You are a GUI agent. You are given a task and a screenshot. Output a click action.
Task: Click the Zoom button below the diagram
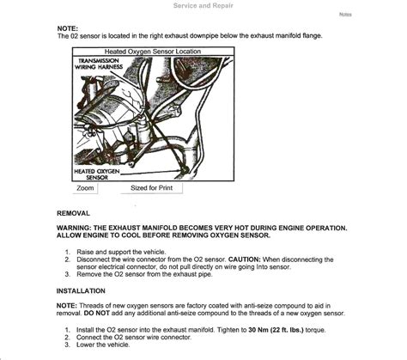85,188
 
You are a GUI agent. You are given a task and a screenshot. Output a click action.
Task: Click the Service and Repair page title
203,5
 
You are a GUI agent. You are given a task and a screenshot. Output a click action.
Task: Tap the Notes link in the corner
345,15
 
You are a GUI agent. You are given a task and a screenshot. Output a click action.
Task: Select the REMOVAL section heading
73,213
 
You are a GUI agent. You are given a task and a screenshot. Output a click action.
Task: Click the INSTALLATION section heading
81,291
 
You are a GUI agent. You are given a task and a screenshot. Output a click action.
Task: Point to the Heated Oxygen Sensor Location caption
153,52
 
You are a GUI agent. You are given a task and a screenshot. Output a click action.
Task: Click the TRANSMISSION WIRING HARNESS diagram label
99,64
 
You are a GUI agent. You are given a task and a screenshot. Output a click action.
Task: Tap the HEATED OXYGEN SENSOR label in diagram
97,174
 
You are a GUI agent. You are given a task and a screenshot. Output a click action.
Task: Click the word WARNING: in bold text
74,228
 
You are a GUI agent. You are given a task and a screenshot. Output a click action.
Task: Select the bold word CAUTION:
245,259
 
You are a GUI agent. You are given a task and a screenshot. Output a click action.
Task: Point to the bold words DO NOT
97,313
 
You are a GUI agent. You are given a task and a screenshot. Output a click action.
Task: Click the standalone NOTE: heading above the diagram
68,28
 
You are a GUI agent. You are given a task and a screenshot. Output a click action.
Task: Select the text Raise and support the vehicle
121,252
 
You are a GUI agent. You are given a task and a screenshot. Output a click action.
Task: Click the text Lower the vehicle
103,345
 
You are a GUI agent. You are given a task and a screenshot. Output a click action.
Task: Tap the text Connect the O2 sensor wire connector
134,337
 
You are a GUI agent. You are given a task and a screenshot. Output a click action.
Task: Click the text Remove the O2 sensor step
144,274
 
